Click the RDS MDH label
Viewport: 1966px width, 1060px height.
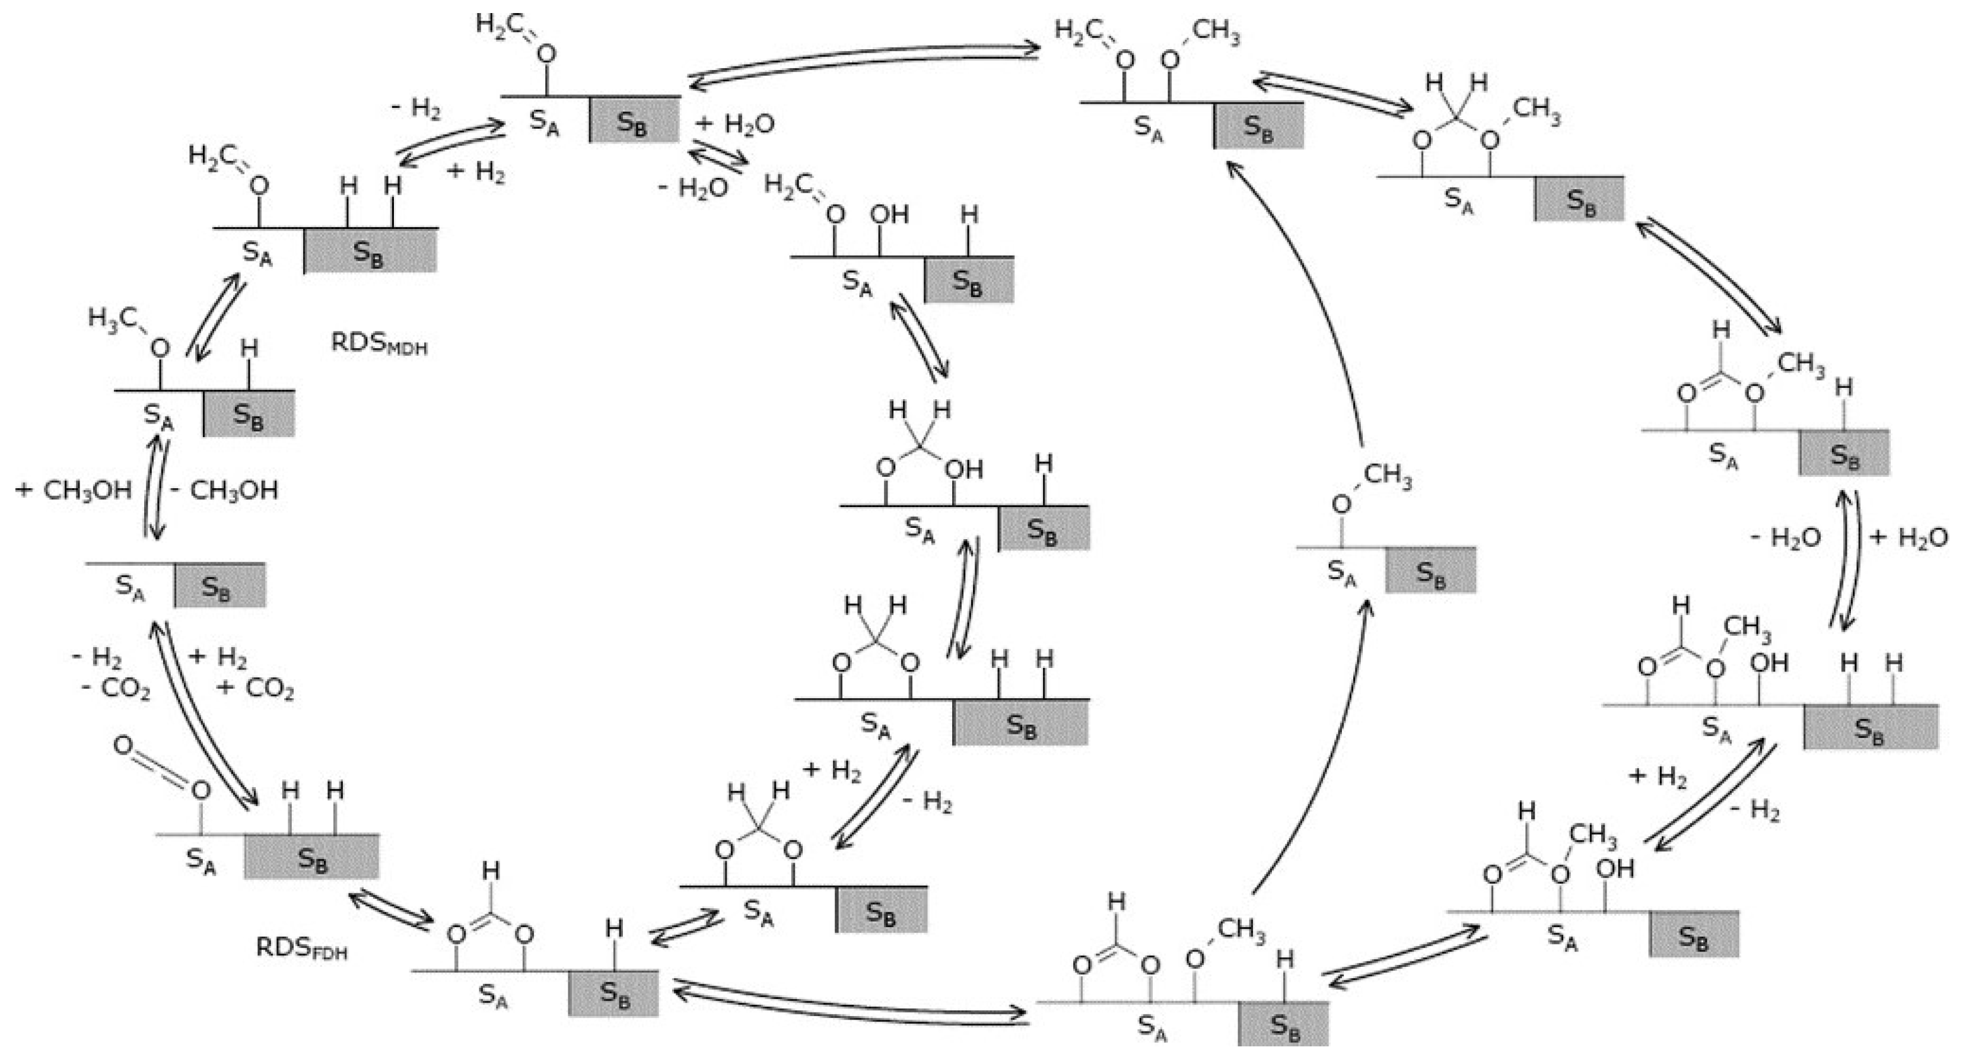378,344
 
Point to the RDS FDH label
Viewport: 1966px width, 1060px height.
301,948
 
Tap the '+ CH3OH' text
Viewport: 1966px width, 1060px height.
74,490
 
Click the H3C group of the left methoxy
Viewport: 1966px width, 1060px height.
112,317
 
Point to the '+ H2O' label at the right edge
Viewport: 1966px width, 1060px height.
1908,538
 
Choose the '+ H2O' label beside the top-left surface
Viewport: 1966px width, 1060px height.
735,123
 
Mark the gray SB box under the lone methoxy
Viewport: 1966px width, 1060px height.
1430,571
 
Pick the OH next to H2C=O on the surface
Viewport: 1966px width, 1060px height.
889,215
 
